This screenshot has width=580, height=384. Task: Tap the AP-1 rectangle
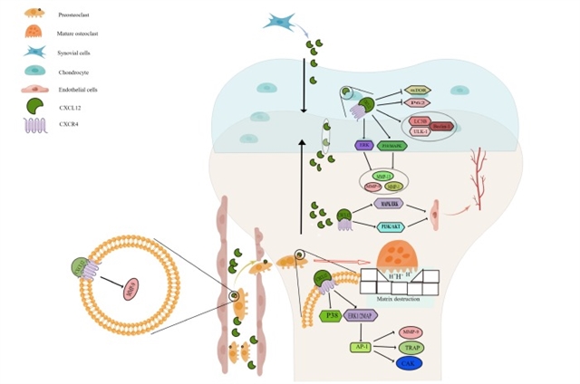click(362, 347)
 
